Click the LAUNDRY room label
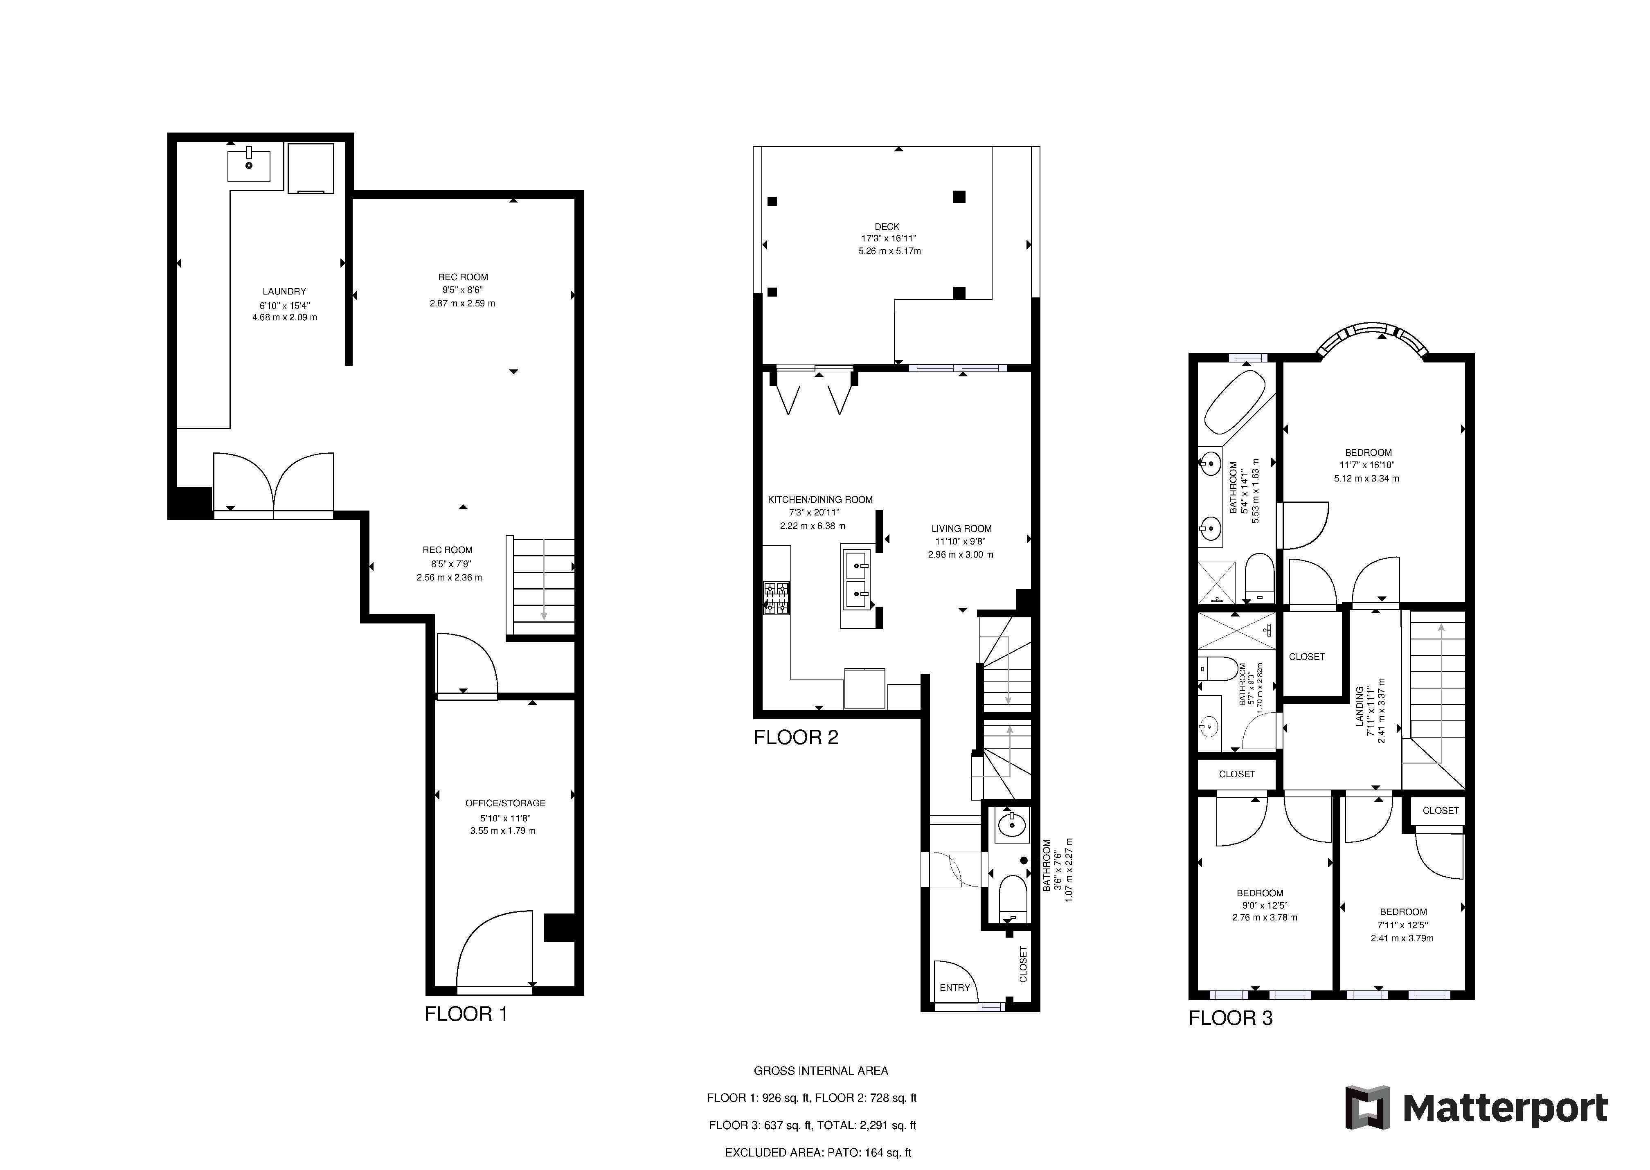284,291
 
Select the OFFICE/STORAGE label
505,803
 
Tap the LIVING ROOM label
961,528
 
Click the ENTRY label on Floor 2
955,987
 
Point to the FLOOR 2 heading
796,737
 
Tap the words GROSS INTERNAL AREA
821,1071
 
